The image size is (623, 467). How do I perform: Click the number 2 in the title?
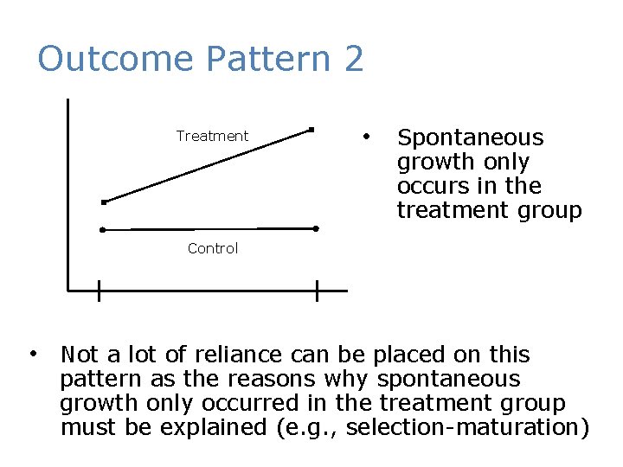(353, 60)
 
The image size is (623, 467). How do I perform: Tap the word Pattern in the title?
(269, 60)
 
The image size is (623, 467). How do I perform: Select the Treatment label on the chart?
(212, 136)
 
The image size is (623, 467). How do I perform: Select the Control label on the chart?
(213, 248)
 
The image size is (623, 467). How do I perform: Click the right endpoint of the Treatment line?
(311, 130)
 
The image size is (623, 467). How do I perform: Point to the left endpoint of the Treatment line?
(102, 202)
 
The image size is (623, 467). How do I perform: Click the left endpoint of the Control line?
(102, 230)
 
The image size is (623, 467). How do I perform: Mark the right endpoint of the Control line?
(316, 228)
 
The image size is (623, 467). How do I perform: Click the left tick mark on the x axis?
(99, 291)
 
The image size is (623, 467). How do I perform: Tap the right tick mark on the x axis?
(318, 291)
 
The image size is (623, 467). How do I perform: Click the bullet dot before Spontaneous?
(367, 137)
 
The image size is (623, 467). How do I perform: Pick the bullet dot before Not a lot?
(32, 353)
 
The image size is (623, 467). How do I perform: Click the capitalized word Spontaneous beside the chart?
(470, 138)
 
